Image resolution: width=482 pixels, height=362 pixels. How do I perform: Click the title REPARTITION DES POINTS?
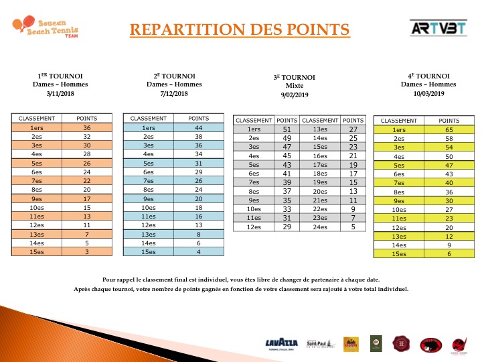click(x=239, y=29)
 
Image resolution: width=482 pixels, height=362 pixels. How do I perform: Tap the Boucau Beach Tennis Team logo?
click(x=44, y=28)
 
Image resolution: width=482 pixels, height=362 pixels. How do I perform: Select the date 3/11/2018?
click(x=60, y=93)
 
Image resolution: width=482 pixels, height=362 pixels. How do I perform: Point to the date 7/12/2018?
click(x=174, y=93)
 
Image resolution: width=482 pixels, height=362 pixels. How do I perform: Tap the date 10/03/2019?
click(x=428, y=93)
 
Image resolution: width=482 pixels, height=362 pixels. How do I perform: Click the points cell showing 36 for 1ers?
click(x=87, y=127)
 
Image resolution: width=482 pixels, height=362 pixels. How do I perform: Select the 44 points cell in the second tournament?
click(x=198, y=127)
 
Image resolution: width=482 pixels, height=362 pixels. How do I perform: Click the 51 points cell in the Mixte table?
click(x=287, y=129)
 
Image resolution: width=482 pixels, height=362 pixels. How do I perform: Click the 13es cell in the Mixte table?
click(x=320, y=129)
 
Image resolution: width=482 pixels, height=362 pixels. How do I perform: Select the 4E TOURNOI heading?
click(x=428, y=76)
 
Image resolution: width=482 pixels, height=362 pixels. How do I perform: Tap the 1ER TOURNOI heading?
click(x=60, y=76)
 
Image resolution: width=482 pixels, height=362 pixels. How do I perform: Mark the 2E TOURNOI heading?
click(x=174, y=76)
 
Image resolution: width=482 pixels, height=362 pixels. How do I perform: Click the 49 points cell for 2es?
click(x=287, y=138)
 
